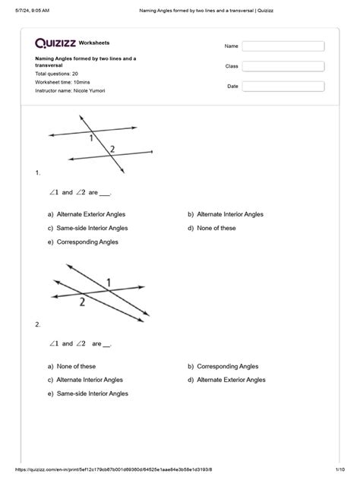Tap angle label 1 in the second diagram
[109, 283]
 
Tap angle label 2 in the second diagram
[82, 301]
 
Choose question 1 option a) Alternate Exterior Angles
[86, 215]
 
